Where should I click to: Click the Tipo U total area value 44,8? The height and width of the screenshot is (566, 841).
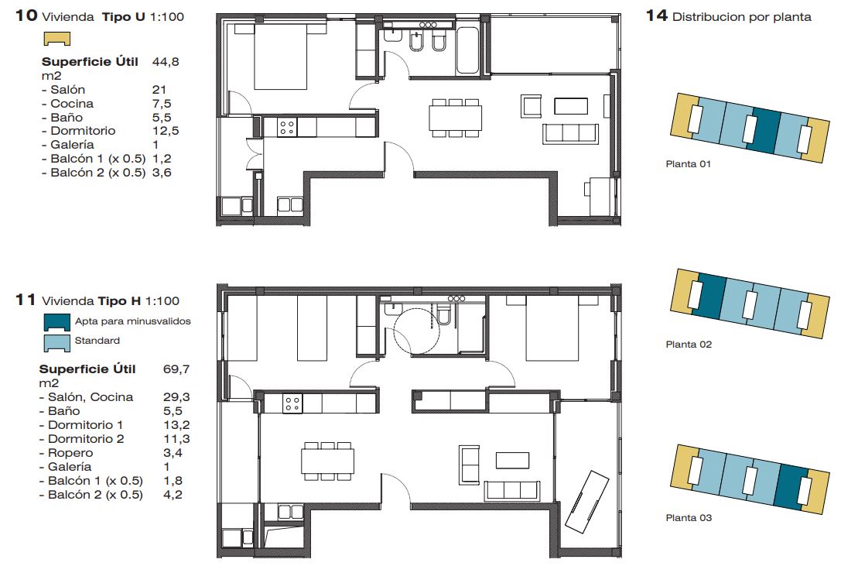[166, 62]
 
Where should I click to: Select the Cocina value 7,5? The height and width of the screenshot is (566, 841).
[162, 104]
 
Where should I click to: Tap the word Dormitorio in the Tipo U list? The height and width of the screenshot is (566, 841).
[83, 131]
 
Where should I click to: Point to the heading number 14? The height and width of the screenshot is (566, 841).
[657, 15]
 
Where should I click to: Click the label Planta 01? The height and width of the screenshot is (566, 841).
[688, 164]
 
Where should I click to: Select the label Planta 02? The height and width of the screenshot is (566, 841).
[689, 345]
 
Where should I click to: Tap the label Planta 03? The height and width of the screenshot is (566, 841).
[689, 518]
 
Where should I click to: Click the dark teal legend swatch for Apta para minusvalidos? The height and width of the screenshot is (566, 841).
[56, 321]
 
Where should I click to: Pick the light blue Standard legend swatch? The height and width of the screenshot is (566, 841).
[56, 343]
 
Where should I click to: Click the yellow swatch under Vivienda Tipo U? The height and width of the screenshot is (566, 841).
[56, 39]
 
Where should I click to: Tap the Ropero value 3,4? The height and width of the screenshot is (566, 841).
[173, 453]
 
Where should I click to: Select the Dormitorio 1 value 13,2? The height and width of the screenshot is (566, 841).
[176, 425]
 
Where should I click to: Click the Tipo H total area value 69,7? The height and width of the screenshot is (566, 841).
[176, 369]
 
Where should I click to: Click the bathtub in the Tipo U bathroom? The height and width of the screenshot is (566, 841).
[467, 50]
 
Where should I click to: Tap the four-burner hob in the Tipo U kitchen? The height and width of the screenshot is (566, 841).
[287, 127]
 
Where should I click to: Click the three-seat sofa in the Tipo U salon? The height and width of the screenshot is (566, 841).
[571, 134]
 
